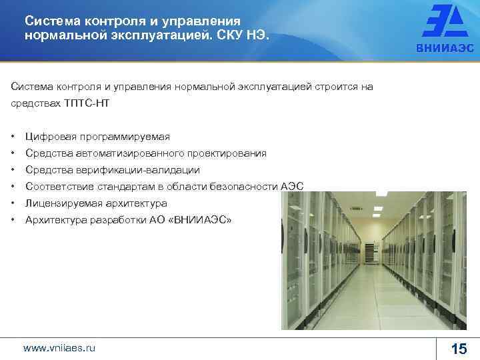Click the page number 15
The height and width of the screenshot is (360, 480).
[459, 349]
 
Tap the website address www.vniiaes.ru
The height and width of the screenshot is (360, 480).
[59, 348]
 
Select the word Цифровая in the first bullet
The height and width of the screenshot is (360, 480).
[50, 137]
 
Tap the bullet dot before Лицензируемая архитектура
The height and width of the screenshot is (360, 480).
[14, 203]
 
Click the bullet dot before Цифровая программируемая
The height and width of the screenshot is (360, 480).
[14, 137]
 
